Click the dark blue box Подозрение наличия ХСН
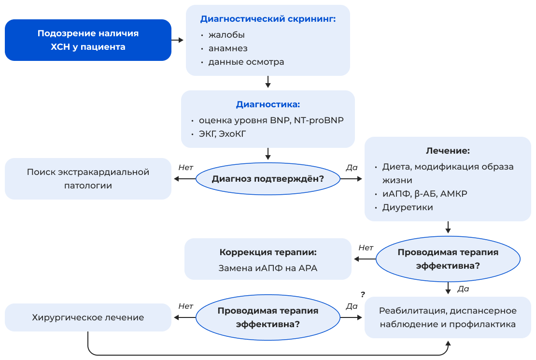pyautogui.click(x=88, y=40)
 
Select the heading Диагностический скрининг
pyautogui.click(x=268, y=19)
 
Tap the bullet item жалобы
pyautogui.click(x=226, y=35)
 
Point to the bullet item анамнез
pyautogui.click(x=228, y=48)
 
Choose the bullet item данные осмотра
pyautogui.click(x=246, y=62)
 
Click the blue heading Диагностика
pyautogui.click(x=268, y=104)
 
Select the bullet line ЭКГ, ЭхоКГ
pyautogui.click(x=223, y=134)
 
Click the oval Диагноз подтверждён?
pyautogui.click(x=268, y=179)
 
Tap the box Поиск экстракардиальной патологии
pyautogui.click(x=88, y=179)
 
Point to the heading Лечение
pyautogui.click(x=448, y=151)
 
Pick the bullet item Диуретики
pyautogui.click(x=408, y=207)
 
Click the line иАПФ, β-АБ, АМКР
pyautogui.click(x=424, y=194)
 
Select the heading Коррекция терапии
pyautogui.click(x=268, y=252)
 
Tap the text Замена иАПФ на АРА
pyautogui.click(x=268, y=268)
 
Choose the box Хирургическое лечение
pyautogui.click(x=88, y=317)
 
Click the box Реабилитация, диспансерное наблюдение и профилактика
pyautogui.click(x=448, y=317)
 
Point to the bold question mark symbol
pyautogui.click(x=363, y=294)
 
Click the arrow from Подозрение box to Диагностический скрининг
pyautogui.click(x=178, y=40)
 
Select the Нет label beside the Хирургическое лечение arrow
pyautogui.click(x=185, y=306)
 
